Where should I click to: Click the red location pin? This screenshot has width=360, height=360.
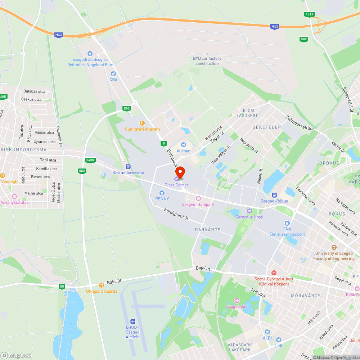[x=180, y=172]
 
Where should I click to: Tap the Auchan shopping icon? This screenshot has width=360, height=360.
[x=183, y=144]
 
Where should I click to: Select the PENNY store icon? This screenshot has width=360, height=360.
[x=162, y=193]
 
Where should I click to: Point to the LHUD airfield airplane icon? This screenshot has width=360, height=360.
[x=132, y=321]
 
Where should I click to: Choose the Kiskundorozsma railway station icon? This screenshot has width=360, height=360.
[x=128, y=167]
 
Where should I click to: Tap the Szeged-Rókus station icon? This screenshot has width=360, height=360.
[x=274, y=195]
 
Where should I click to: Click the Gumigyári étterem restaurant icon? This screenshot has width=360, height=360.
[x=142, y=123]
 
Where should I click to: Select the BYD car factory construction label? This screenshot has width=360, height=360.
[x=207, y=61]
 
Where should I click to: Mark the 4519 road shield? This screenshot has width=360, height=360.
[x=309, y=14]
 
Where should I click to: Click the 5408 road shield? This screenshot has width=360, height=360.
[x=90, y=160]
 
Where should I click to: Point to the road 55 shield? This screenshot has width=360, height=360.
[x=62, y=286]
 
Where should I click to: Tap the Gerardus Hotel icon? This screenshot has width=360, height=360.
[x=249, y=211]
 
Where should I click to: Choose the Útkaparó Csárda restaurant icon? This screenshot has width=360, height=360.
[x=101, y=285]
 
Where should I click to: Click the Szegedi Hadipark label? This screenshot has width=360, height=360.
[x=198, y=204]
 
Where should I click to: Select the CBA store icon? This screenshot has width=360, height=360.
[x=113, y=74]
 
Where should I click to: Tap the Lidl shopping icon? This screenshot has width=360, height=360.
[x=278, y=339]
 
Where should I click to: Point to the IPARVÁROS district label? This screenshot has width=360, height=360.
[x=207, y=230]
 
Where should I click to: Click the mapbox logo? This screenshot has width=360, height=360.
[x=16, y=355]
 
